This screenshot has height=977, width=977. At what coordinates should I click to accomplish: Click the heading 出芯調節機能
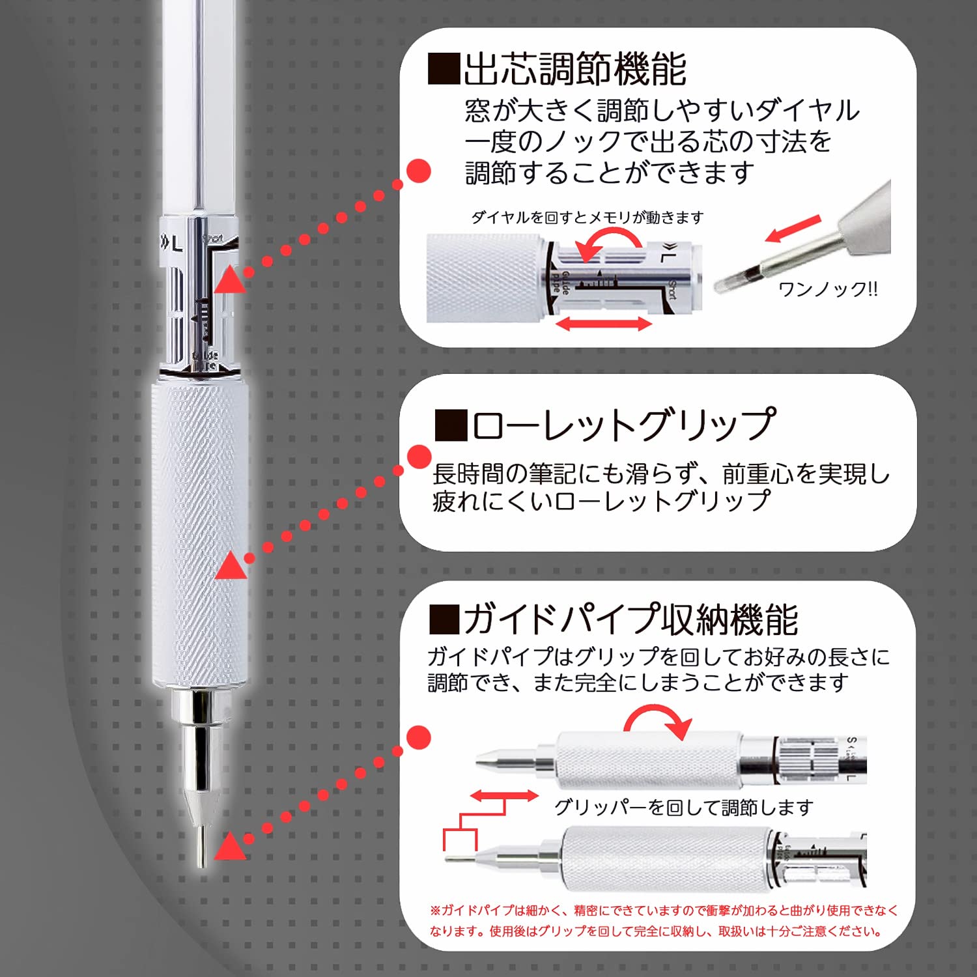pyautogui.click(x=574, y=69)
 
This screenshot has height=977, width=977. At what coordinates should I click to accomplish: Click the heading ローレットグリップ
pyautogui.click(x=624, y=425)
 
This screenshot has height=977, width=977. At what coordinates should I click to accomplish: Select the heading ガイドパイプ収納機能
pyautogui.click(x=630, y=619)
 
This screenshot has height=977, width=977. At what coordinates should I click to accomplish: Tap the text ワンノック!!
pyautogui.click(x=828, y=289)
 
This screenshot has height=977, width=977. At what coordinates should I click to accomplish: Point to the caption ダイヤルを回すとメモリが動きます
pyautogui.click(x=587, y=218)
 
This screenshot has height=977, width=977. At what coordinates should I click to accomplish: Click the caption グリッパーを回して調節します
pyautogui.click(x=683, y=808)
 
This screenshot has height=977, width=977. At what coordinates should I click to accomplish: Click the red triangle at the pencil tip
pyautogui.click(x=230, y=847)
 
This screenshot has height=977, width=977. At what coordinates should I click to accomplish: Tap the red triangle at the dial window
pyautogui.click(x=230, y=279)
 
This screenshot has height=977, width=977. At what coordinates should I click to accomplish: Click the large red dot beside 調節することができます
pyautogui.click(x=418, y=171)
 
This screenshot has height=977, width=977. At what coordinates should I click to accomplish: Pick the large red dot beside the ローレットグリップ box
pyautogui.click(x=419, y=457)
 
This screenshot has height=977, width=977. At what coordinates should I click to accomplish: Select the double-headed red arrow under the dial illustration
pyautogui.click(x=604, y=323)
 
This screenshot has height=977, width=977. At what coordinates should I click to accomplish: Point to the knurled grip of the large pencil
pyautogui.click(x=199, y=534)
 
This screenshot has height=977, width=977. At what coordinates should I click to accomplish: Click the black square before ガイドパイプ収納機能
pyautogui.click(x=444, y=619)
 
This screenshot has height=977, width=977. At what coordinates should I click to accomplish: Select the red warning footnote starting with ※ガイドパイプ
pyautogui.click(x=663, y=920)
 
